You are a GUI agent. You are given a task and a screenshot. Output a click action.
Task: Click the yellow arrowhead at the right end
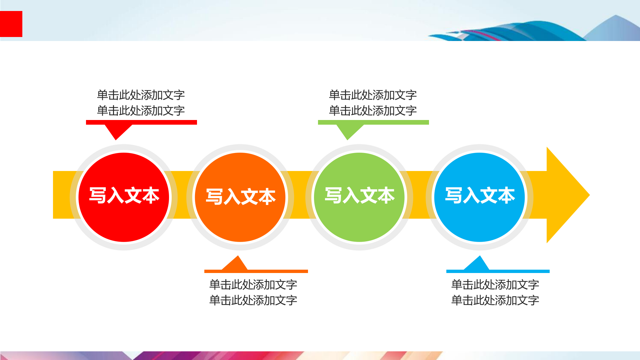click(x=567, y=195)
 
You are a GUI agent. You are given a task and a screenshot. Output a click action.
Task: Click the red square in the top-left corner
click(x=11, y=24)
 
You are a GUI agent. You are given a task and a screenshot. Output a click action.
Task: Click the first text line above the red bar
click(x=141, y=95)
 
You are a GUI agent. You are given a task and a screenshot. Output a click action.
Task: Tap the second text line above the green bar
click(x=373, y=111)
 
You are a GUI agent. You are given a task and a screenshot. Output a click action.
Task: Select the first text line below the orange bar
click(x=253, y=285)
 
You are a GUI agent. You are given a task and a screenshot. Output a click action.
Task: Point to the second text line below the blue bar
click(x=495, y=300)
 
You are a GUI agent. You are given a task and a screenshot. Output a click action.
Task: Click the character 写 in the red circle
click(x=98, y=195)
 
